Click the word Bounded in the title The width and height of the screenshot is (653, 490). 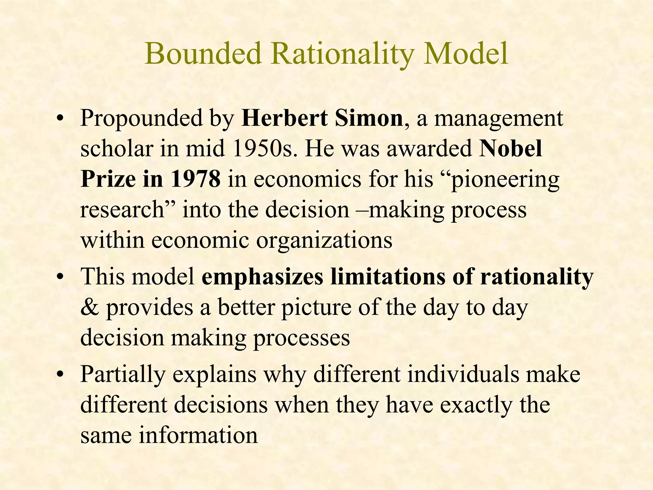click(204, 54)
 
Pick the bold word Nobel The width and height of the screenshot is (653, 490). click(510, 149)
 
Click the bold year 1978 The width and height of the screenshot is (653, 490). click(195, 179)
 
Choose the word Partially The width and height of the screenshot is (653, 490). click(123, 375)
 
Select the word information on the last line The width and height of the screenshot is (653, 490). click(198, 435)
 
